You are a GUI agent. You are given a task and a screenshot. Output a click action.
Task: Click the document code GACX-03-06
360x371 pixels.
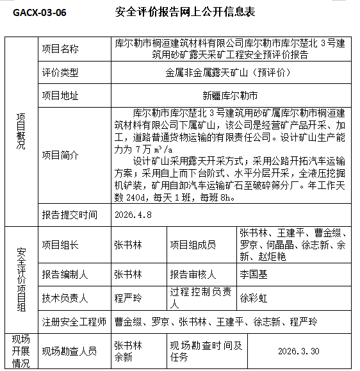point(40,12)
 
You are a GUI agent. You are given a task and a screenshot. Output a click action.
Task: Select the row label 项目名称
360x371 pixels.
point(60,49)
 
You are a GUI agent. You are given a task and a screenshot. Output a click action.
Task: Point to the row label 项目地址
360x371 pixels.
point(60,96)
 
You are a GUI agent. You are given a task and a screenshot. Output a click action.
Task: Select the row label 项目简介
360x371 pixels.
point(60,155)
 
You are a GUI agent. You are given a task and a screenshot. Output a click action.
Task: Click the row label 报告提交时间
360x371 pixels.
point(70,215)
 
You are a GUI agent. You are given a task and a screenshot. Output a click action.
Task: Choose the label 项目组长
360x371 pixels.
point(60,244)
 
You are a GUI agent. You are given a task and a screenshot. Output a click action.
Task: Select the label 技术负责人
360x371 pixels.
point(65,298)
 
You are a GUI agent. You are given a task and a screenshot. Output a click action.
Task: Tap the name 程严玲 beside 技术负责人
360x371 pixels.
point(128,298)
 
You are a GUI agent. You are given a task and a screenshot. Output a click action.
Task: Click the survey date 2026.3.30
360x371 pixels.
point(299,352)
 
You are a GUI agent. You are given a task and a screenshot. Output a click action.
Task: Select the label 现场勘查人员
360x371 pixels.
point(70,351)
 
